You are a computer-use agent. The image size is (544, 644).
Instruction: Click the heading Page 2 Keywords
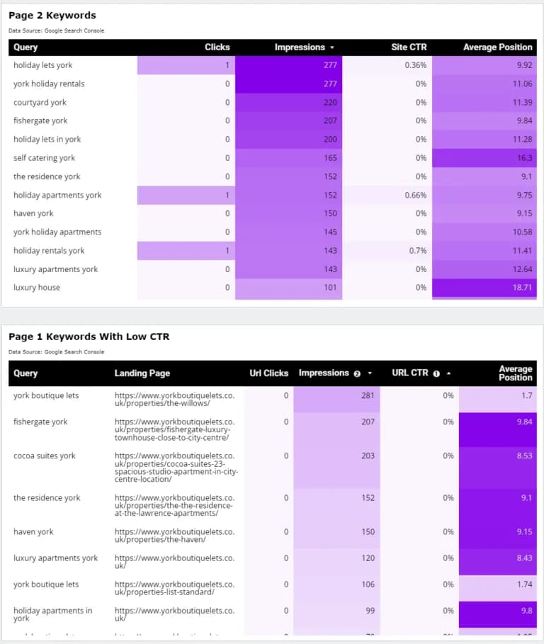pyautogui.click(x=52, y=16)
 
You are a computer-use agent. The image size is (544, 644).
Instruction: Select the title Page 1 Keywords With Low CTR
pyautogui.click(x=89, y=337)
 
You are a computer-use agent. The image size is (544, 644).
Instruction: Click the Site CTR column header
pyautogui.click(x=409, y=47)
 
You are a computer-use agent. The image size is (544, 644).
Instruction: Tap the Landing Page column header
pyautogui.click(x=142, y=373)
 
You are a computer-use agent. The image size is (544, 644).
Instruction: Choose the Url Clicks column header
pyautogui.click(x=269, y=373)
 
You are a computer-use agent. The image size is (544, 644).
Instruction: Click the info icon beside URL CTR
pyautogui.click(x=436, y=373)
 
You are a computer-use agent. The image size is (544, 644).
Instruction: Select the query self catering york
pyautogui.click(x=44, y=158)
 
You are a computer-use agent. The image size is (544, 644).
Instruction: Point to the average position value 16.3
pyautogui.click(x=524, y=158)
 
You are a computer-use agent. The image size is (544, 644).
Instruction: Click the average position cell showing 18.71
pyautogui.click(x=522, y=288)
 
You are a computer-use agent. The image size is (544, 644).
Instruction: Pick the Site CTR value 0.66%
pyautogui.click(x=415, y=196)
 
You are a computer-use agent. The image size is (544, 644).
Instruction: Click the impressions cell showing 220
pyautogui.click(x=331, y=103)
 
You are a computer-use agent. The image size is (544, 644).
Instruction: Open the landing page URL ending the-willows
pyautogui.click(x=174, y=399)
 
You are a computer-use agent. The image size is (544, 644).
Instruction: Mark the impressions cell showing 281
pyautogui.click(x=368, y=395)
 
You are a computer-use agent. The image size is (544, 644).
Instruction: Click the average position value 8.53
pyautogui.click(x=524, y=456)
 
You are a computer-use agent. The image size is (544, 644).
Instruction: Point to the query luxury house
pyautogui.click(x=37, y=288)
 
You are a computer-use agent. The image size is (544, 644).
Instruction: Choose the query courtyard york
pyautogui.click(x=40, y=103)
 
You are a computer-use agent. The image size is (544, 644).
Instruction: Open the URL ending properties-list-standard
pyautogui.click(x=174, y=588)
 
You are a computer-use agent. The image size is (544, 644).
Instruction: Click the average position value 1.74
pyautogui.click(x=524, y=584)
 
